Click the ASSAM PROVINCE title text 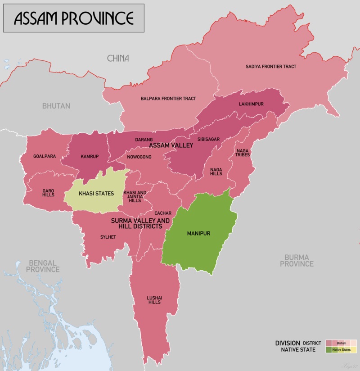[x=74, y=18]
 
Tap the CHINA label [x=118, y=58]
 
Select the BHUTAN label [x=56, y=106]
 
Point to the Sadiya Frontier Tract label [x=271, y=66]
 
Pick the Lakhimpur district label [x=251, y=104]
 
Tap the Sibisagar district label [x=208, y=139]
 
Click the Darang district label [x=144, y=140]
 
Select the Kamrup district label [x=89, y=157]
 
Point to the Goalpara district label [x=45, y=156]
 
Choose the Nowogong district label [x=140, y=157]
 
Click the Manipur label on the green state [x=198, y=234]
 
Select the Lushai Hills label [x=154, y=300]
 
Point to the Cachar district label [x=162, y=213]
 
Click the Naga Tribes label [x=242, y=152]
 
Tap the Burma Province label [x=297, y=260]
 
